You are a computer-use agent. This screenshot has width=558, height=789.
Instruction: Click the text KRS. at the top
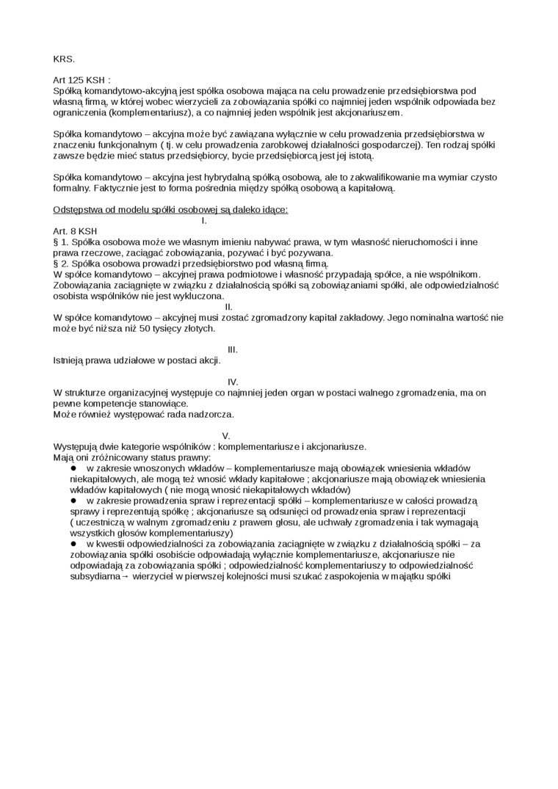64,59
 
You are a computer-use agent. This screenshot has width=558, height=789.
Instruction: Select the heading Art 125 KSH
81,80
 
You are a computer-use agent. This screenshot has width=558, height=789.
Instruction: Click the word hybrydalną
220,177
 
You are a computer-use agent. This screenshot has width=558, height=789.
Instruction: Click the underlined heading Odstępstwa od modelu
170,209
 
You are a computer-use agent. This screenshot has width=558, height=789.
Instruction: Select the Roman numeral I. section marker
203,219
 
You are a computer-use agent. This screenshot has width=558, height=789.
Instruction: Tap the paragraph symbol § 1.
61,241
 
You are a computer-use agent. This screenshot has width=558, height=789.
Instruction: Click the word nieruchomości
413,241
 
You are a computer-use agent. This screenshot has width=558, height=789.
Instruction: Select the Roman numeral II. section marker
228,306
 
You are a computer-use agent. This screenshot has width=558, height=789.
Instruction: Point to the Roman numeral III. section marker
233,349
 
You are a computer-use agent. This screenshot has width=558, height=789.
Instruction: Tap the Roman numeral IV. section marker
233,382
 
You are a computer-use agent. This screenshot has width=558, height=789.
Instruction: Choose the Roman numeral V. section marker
226,435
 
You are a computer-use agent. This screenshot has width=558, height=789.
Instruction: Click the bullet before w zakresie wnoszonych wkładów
73,468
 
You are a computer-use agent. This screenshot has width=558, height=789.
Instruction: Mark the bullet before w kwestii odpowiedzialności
73,543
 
